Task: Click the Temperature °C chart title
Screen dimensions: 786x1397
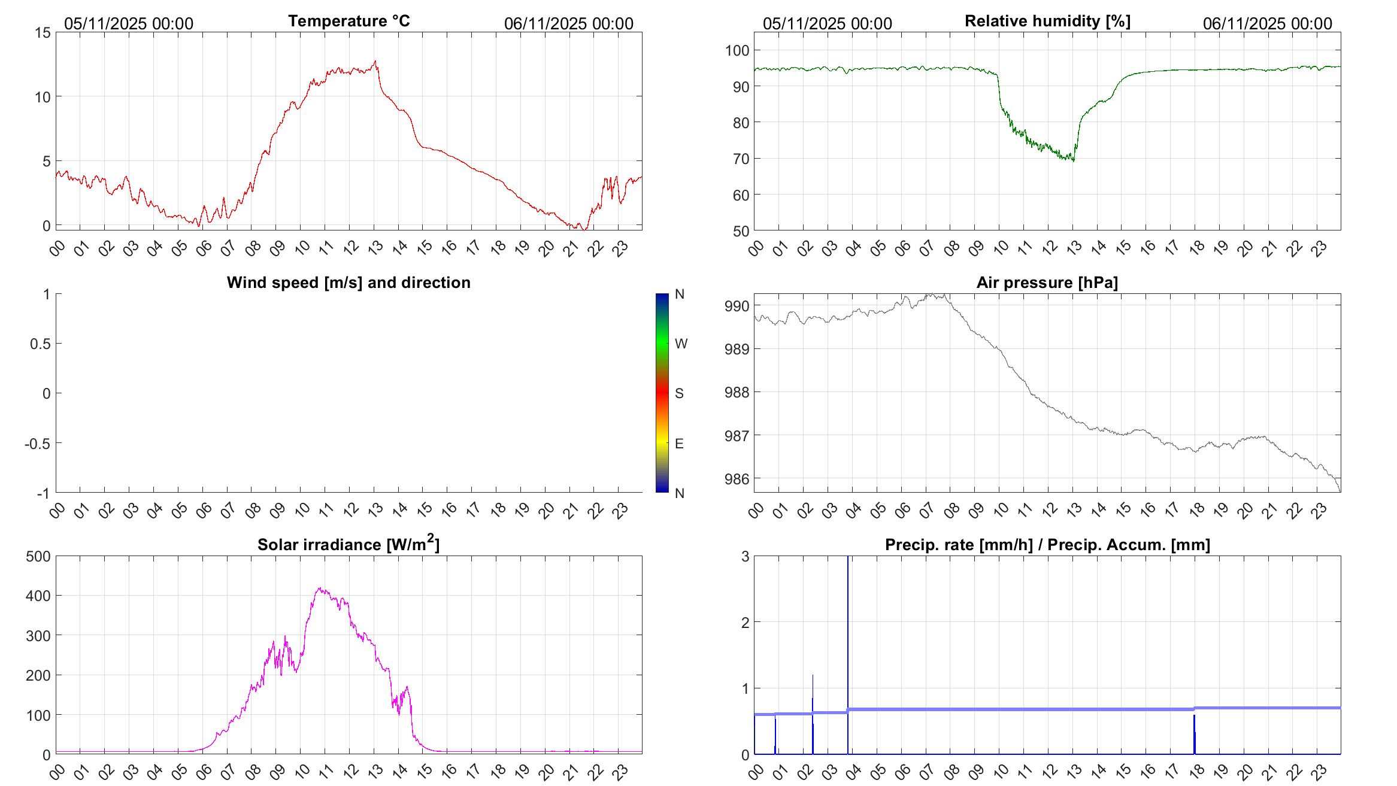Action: pyautogui.click(x=349, y=21)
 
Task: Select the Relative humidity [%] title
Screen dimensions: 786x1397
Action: pyautogui.click(x=1047, y=21)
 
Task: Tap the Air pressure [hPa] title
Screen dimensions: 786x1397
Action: pyautogui.click(x=1047, y=283)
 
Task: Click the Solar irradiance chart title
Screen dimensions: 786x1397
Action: pyautogui.click(x=349, y=544)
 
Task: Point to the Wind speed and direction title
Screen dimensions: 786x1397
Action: pyautogui.click(x=349, y=283)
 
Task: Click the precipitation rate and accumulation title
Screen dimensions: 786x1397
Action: pyautogui.click(x=1047, y=545)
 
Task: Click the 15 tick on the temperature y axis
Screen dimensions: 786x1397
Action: pyautogui.click(x=43, y=33)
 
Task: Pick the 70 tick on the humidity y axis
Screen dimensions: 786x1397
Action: pyautogui.click(x=741, y=159)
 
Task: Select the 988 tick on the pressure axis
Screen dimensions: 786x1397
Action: pyautogui.click(x=737, y=393)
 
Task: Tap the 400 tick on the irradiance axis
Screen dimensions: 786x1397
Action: pyautogui.click(x=38, y=596)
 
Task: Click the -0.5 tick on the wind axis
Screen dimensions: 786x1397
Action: pyautogui.click(x=37, y=444)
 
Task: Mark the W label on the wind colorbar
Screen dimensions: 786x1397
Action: pyautogui.click(x=681, y=344)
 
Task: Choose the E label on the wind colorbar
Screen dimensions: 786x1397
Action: pyautogui.click(x=679, y=444)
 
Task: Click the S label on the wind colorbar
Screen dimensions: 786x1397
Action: pyautogui.click(x=679, y=393)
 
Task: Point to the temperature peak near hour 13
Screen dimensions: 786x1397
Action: pyautogui.click(x=375, y=61)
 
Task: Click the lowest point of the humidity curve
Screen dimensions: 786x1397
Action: pyautogui.click(x=1073, y=161)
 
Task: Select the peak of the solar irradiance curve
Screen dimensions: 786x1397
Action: pyautogui.click(x=320, y=588)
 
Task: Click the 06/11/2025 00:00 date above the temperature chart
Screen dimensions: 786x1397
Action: pyautogui.click(x=568, y=24)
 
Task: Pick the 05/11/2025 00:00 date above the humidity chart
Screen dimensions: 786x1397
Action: pyautogui.click(x=827, y=24)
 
